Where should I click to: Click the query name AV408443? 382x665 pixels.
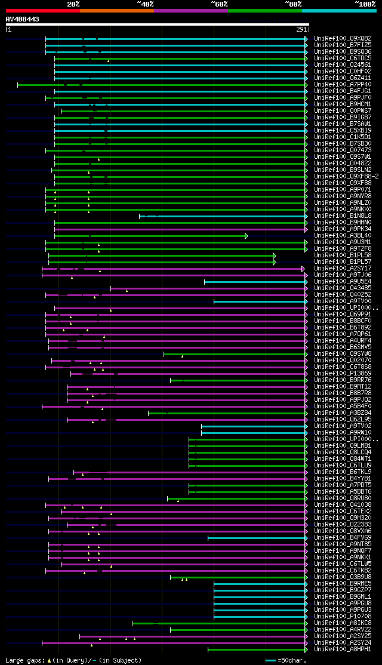[23, 19]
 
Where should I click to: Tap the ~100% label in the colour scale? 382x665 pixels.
[365, 4]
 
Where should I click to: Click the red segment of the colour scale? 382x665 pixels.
[42, 11]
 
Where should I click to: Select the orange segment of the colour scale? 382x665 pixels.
[116, 11]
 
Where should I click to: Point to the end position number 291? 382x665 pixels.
[301, 29]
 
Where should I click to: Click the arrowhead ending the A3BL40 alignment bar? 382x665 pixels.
[246, 236]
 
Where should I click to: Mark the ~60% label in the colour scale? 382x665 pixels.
[219, 4]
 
